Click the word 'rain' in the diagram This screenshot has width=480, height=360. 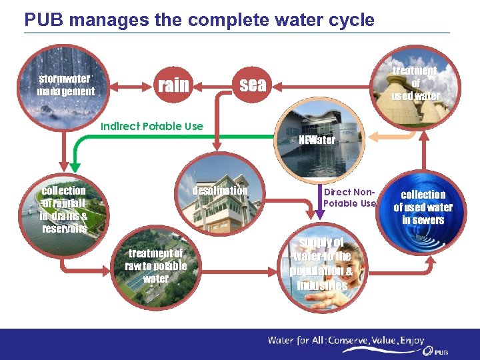pos(173,85)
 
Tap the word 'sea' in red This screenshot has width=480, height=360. pos(253,85)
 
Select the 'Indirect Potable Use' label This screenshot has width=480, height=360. pos(151,126)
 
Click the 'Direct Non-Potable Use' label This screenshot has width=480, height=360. pos(350,197)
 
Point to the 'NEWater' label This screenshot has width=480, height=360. pos(317,140)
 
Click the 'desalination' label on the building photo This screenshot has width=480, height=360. pos(219,191)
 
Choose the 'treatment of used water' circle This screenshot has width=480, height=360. pos(417,84)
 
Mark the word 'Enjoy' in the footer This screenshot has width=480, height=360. pos(411,341)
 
